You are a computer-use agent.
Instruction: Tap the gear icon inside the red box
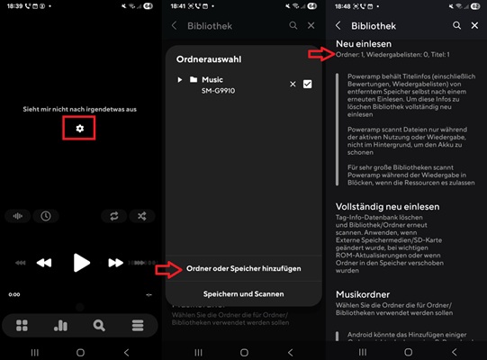point(80,130)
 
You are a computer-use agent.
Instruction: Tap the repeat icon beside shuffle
point(114,216)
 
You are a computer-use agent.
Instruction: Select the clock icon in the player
point(45,216)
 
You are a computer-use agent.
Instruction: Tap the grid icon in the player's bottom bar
point(22,325)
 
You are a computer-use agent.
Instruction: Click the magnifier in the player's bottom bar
point(99,325)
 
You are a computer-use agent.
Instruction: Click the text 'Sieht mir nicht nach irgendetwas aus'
point(80,109)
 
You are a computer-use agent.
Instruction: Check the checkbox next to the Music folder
point(308,84)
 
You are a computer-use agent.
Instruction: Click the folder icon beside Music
point(193,81)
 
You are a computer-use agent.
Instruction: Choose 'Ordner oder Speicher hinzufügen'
point(243,268)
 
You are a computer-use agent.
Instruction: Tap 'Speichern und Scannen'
point(243,294)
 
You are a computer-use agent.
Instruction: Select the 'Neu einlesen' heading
point(363,43)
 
